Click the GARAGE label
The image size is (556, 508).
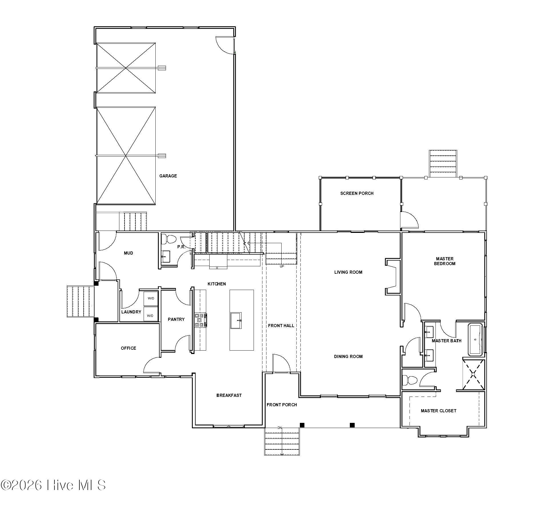pos(168,176)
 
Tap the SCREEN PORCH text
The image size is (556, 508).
pos(357,193)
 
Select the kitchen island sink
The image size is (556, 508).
pos(236,321)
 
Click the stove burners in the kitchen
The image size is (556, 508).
pos(200,320)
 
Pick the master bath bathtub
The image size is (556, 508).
pos(475,340)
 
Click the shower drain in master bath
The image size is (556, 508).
pos(473,374)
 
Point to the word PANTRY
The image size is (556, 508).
pos(176,319)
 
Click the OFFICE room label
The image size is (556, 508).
pos(128,348)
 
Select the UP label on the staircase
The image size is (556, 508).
pos(282,267)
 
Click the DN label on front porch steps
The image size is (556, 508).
pos(280,428)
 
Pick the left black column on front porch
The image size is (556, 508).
pos(302,425)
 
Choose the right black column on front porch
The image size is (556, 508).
pos(352,425)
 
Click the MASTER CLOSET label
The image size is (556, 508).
pos(438,411)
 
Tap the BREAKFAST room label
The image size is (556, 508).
pos(229,395)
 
